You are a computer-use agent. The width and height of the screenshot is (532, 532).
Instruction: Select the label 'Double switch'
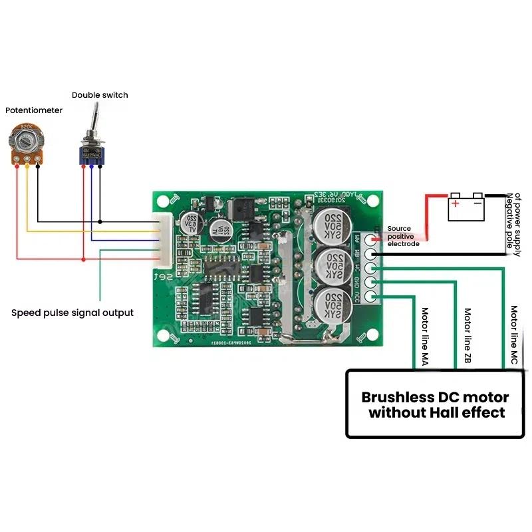pyautogui.click(x=100, y=95)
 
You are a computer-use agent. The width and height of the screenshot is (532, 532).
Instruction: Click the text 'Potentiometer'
pyautogui.click(x=34, y=110)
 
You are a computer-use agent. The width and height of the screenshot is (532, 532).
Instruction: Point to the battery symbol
pyautogui.click(x=465, y=207)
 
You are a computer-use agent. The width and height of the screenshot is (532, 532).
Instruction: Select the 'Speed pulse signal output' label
pyautogui.click(x=72, y=313)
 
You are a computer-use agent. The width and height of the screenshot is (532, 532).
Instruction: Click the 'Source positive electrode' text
pyautogui.click(x=403, y=236)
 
